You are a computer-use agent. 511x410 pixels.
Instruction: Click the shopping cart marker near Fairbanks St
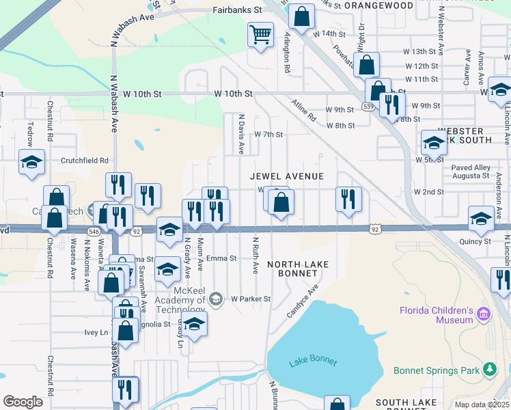click(260, 35)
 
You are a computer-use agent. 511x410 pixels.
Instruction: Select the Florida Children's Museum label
click(437, 315)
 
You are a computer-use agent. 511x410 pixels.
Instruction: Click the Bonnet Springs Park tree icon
click(489, 370)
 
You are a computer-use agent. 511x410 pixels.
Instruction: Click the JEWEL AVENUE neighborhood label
click(286, 176)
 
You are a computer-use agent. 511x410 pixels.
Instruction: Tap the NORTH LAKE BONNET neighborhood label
click(298, 269)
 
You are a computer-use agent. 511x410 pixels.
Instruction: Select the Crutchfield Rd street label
click(85, 161)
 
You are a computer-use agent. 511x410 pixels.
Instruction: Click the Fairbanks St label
click(238, 11)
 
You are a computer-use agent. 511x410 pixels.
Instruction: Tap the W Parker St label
click(251, 299)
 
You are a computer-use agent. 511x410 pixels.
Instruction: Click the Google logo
click(23, 402)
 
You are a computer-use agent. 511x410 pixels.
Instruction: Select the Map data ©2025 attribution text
click(481, 405)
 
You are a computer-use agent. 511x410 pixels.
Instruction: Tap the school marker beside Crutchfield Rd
click(31, 163)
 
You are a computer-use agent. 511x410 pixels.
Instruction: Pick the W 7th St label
click(268, 135)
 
